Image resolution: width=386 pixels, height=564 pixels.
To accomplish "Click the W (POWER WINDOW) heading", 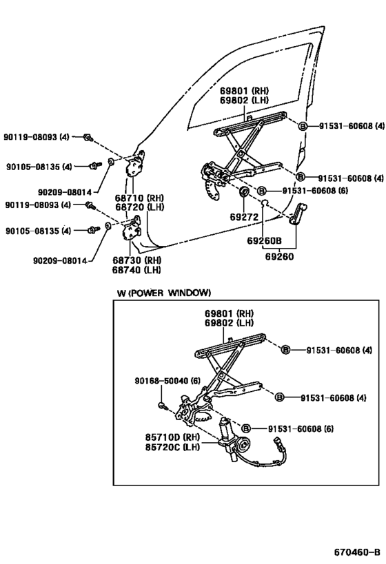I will [x=163, y=293].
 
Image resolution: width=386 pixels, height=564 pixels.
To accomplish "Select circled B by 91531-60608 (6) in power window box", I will [x=246, y=428].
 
